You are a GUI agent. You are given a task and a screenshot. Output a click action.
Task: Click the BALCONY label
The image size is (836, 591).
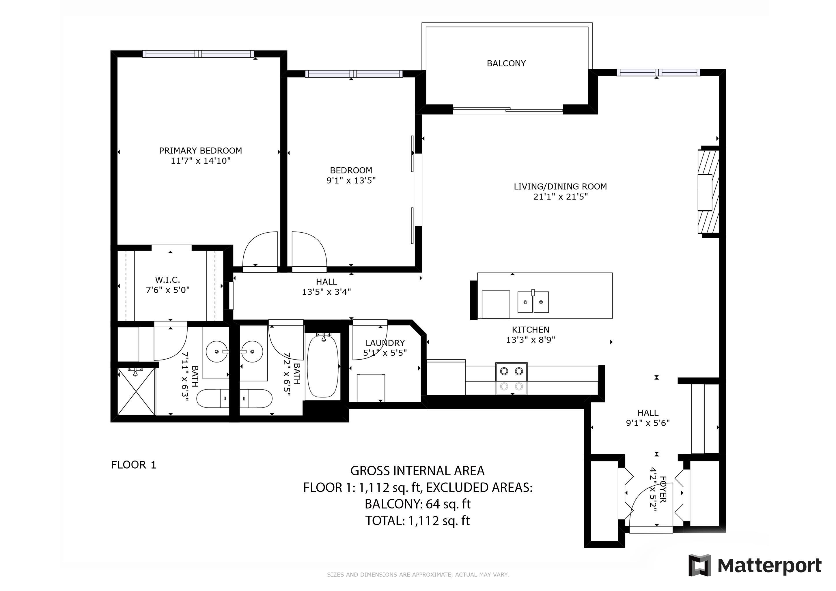(x=506, y=63)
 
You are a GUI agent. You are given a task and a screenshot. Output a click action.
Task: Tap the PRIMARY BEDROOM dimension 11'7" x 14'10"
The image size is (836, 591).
(x=201, y=161)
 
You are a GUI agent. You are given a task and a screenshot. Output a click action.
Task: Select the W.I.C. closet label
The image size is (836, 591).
(x=167, y=280)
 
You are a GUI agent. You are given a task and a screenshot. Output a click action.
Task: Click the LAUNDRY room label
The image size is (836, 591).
(x=385, y=343)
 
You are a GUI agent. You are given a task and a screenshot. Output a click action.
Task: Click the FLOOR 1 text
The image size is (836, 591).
(x=133, y=465)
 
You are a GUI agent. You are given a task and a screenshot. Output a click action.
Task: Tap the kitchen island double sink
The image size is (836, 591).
(x=533, y=302)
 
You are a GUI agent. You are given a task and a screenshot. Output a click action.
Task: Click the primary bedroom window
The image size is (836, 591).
(x=198, y=54)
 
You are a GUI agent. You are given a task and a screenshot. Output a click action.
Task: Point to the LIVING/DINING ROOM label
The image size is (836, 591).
(x=560, y=187)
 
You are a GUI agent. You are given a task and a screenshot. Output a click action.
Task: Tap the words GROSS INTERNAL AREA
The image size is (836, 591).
(x=417, y=471)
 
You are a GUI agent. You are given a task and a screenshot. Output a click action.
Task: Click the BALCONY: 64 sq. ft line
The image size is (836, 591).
(x=417, y=504)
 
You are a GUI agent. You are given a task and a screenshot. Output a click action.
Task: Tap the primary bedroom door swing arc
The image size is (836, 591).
(x=259, y=248)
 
